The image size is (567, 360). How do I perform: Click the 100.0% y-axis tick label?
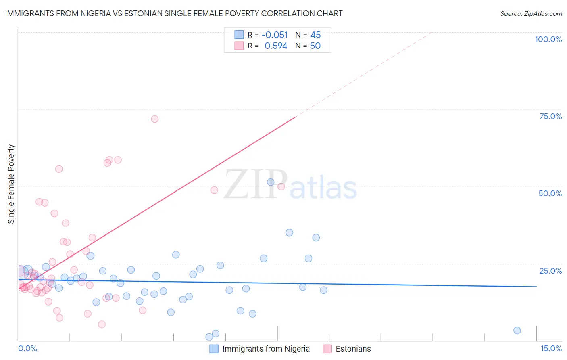(x=548, y=39)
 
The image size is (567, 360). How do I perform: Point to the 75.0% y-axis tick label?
(x=550, y=116)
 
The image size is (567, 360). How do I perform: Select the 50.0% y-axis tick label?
(x=550, y=193)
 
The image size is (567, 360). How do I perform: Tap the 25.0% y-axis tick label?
(x=550, y=271)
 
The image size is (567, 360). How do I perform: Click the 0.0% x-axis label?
(x=27, y=348)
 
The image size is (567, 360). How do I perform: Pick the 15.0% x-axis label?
(x=551, y=348)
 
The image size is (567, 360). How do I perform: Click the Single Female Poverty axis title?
(x=11, y=184)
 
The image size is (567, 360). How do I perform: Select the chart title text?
(x=174, y=13)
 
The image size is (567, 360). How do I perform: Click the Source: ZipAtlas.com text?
(x=531, y=14)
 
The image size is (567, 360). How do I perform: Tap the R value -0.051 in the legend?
(x=275, y=35)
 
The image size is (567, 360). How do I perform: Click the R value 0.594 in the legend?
(x=276, y=46)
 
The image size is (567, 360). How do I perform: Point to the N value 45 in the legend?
(x=315, y=35)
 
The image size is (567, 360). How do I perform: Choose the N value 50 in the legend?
(x=315, y=46)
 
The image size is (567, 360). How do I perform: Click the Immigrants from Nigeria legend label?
(x=266, y=349)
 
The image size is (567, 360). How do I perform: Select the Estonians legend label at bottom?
(x=353, y=349)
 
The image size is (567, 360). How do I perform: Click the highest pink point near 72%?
(x=154, y=119)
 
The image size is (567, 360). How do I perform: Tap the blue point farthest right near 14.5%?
(x=517, y=331)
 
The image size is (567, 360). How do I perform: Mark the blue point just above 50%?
(x=271, y=182)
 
